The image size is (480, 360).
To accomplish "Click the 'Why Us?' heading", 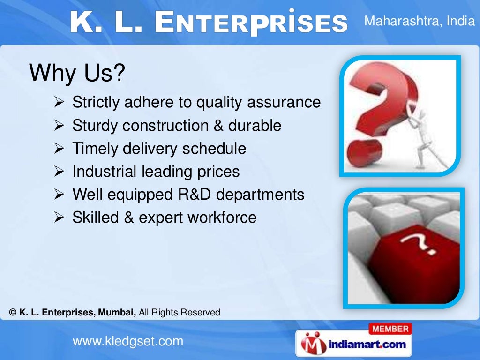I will click(x=77, y=74).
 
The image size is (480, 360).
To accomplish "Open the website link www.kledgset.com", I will click(x=127, y=341).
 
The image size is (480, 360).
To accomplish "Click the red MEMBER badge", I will click(x=391, y=329).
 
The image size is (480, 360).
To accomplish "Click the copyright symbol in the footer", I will click(x=13, y=312).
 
